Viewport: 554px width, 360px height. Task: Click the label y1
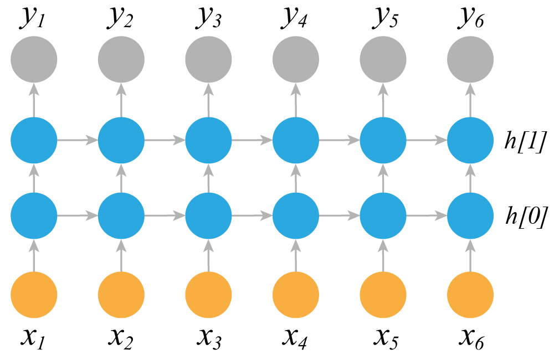pyautogui.click(x=32, y=18)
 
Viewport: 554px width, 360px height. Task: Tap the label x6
pyautogui.click(x=471, y=338)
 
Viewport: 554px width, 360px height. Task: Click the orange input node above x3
pyautogui.click(x=208, y=295)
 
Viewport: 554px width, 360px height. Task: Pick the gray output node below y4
pyautogui.click(x=296, y=59)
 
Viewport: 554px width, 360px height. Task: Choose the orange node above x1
pyautogui.click(x=34, y=295)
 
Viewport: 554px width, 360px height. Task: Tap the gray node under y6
pyautogui.click(x=470, y=59)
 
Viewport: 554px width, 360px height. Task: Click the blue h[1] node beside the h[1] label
pyautogui.click(x=470, y=140)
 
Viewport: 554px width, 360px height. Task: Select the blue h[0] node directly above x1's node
pyautogui.click(x=34, y=215)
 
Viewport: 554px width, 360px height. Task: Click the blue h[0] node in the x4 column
pyautogui.click(x=296, y=215)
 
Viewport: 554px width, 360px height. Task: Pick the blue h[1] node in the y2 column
pyautogui.click(x=121, y=140)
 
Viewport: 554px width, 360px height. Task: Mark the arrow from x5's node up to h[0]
pyautogui.click(x=383, y=255)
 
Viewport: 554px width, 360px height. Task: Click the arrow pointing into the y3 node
pyautogui.click(x=208, y=100)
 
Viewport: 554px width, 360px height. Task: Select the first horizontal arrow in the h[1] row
pyautogui.click(x=78, y=140)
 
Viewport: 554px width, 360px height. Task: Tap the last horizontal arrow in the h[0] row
pyautogui.click(x=427, y=215)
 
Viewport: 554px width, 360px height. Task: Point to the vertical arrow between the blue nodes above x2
pyautogui.click(x=121, y=178)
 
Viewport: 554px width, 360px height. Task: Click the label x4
pyautogui.click(x=295, y=338)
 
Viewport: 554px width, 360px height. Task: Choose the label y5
pyautogui.click(x=385, y=18)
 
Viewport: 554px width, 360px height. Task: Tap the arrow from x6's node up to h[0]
pyautogui.click(x=470, y=255)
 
